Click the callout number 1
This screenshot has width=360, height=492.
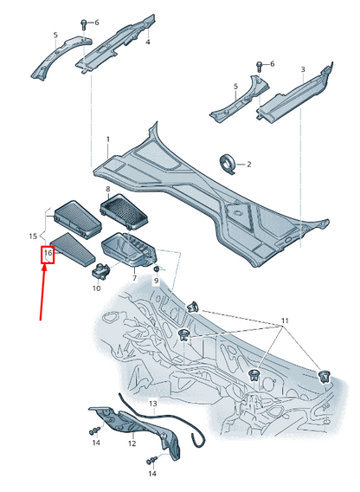pos(108,139)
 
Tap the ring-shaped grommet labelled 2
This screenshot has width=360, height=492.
pos(228,164)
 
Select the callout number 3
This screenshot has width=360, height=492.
pos(303,69)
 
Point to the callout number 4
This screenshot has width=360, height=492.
pos(148,42)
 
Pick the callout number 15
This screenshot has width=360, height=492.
pos(33,236)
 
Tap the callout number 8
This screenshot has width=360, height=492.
pos(108,189)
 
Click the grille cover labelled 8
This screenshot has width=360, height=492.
pos(124,210)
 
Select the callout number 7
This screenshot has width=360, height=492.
pos(134,278)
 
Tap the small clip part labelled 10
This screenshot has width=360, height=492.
pos(100,270)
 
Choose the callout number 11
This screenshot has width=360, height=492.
pos(285,320)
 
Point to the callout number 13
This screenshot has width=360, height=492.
pos(152,403)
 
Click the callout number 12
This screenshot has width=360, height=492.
pos(132,443)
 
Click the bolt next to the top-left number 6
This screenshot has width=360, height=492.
pos(84,24)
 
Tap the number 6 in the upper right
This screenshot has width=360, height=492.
pos(272,64)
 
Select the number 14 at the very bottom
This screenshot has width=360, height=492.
pos(152,473)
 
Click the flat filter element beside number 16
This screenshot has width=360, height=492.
pos(73,249)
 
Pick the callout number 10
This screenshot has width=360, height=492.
pos(97,288)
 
